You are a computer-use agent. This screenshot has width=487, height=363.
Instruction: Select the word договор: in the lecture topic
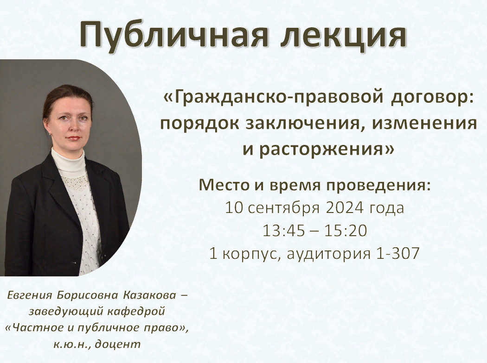pos(433,98)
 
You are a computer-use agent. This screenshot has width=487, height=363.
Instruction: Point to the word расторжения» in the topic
pos(327,149)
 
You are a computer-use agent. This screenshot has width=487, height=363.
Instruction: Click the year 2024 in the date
pos(345,207)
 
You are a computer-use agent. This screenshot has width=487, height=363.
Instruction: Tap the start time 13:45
pos(283,230)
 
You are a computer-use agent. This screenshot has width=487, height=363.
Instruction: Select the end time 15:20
pos(346,230)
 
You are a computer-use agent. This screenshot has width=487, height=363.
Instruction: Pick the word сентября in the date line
pos(284,208)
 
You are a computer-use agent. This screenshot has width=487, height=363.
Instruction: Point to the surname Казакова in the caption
pos(150,295)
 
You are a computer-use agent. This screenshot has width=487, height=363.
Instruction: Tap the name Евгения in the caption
pos(30,295)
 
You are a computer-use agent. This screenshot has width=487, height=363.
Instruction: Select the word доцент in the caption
pos(118,344)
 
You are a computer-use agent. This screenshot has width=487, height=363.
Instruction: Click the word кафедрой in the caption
pos(136,311)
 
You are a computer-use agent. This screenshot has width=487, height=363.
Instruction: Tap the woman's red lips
pos(74,138)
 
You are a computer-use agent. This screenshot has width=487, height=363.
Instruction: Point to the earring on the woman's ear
pos(50,134)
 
